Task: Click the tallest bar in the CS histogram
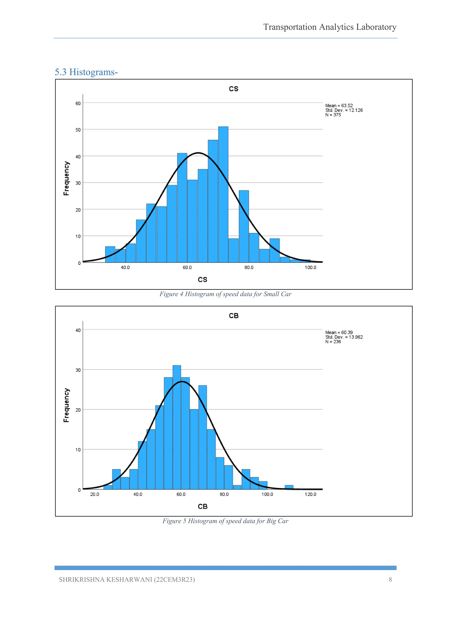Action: point(223,195)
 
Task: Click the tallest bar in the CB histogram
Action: point(177,428)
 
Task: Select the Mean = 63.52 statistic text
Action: point(339,106)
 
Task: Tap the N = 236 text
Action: point(333,341)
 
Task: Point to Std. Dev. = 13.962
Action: point(344,337)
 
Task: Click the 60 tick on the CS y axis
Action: point(78,103)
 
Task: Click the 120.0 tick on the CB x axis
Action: point(310,494)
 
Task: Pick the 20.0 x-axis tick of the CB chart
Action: point(94,494)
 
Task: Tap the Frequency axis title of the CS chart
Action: point(66,178)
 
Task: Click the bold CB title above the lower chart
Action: point(234,316)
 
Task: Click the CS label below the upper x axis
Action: point(202,280)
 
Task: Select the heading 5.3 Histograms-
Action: point(86,72)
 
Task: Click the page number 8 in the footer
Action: point(390,580)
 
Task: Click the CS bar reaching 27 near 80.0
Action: point(244,226)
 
